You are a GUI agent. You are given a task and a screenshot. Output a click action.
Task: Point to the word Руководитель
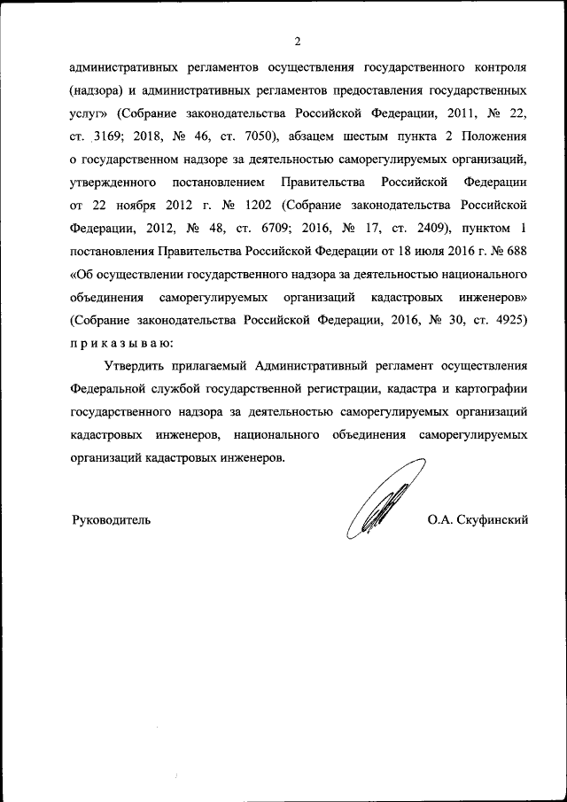click(x=111, y=519)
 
